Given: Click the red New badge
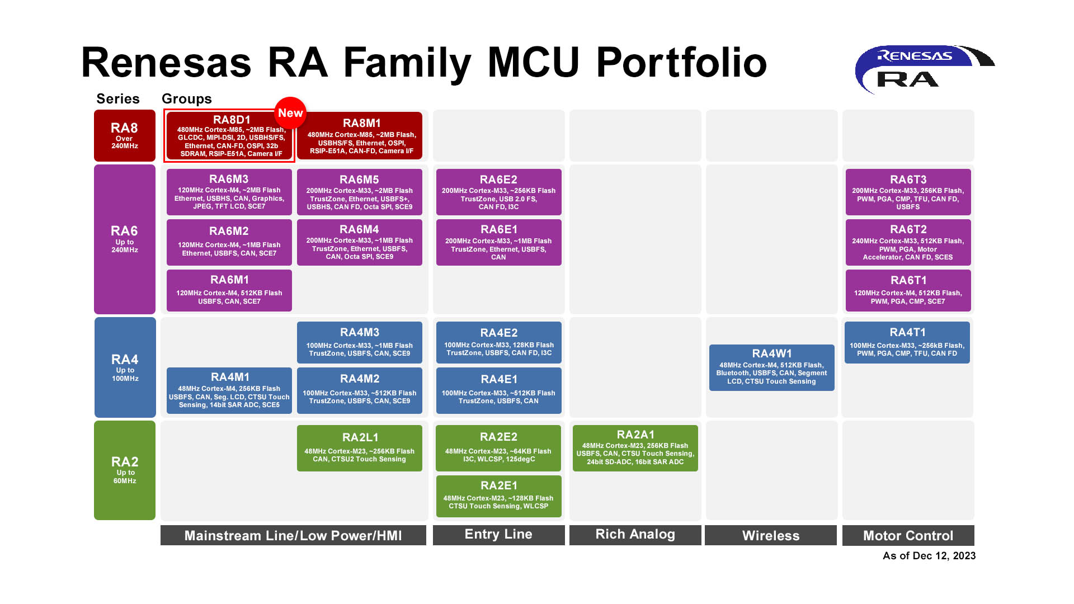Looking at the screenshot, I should click(290, 112).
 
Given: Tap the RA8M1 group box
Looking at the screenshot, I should click(360, 136).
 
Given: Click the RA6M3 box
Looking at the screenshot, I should click(229, 192).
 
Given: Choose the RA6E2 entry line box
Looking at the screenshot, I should click(498, 192).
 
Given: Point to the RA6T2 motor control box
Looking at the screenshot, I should click(908, 242).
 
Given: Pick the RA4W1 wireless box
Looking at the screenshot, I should click(771, 367).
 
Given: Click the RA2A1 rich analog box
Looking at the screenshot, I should click(635, 448).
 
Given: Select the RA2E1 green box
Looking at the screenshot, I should click(498, 496).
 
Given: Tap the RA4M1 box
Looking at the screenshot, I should click(229, 390).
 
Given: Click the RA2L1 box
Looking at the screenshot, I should click(360, 448).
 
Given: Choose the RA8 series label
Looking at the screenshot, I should click(124, 135).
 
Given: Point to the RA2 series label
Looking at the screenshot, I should click(124, 470).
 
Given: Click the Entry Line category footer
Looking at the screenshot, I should click(498, 535).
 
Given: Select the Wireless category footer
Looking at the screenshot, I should click(770, 535).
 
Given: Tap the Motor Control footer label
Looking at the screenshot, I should click(908, 535).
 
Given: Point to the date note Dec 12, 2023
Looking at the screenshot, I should click(929, 555).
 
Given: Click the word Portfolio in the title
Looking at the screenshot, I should click(681, 63).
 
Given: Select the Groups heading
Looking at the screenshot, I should click(186, 99).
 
